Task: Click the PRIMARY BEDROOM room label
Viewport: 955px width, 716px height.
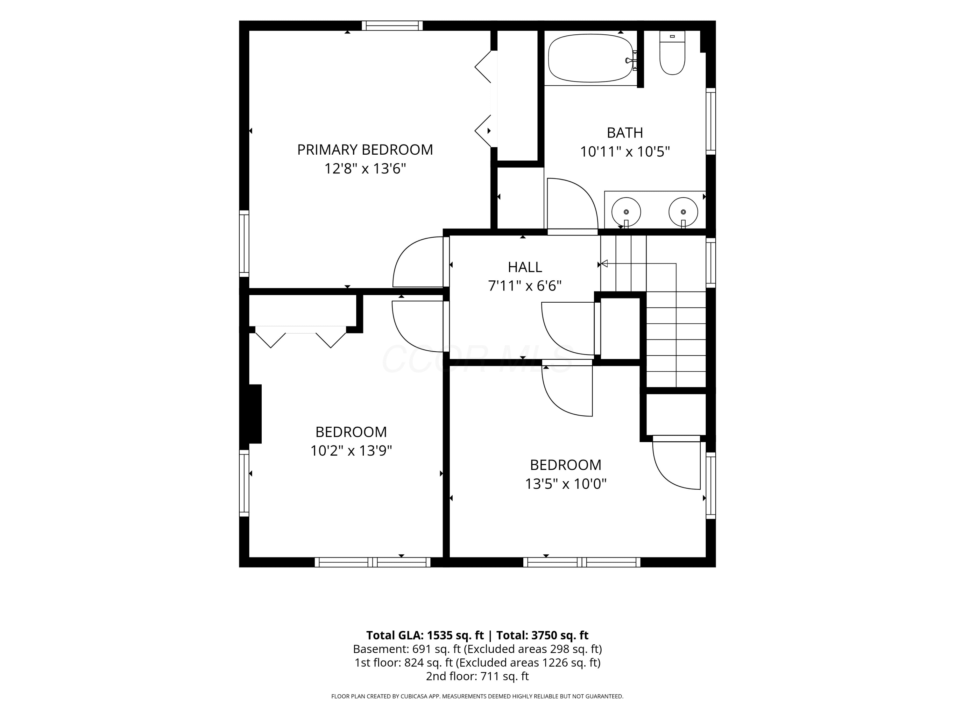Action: pos(365,150)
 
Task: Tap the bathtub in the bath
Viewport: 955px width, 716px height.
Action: pos(591,58)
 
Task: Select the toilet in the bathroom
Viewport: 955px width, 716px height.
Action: pos(672,53)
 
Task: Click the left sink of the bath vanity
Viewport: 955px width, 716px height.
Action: pos(626,212)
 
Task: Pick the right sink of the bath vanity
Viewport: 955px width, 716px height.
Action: pos(683,212)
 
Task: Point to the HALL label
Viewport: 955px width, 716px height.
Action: pos(525,267)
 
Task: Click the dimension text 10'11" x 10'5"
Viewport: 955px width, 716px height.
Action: pos(625,152)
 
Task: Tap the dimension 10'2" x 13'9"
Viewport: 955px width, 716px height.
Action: pos(351,451)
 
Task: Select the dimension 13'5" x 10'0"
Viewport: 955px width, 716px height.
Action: pos(566,484)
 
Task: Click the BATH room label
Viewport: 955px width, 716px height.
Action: pos(625,132)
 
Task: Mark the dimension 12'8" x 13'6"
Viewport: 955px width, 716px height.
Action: pos(365,168)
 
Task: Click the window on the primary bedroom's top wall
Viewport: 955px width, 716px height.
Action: pos(392,25)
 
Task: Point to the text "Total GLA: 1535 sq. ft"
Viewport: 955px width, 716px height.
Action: pos(425,635)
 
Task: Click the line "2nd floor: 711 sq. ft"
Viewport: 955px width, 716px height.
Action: pos(477,676)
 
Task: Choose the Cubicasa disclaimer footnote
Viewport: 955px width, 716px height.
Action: pos(477,696)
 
